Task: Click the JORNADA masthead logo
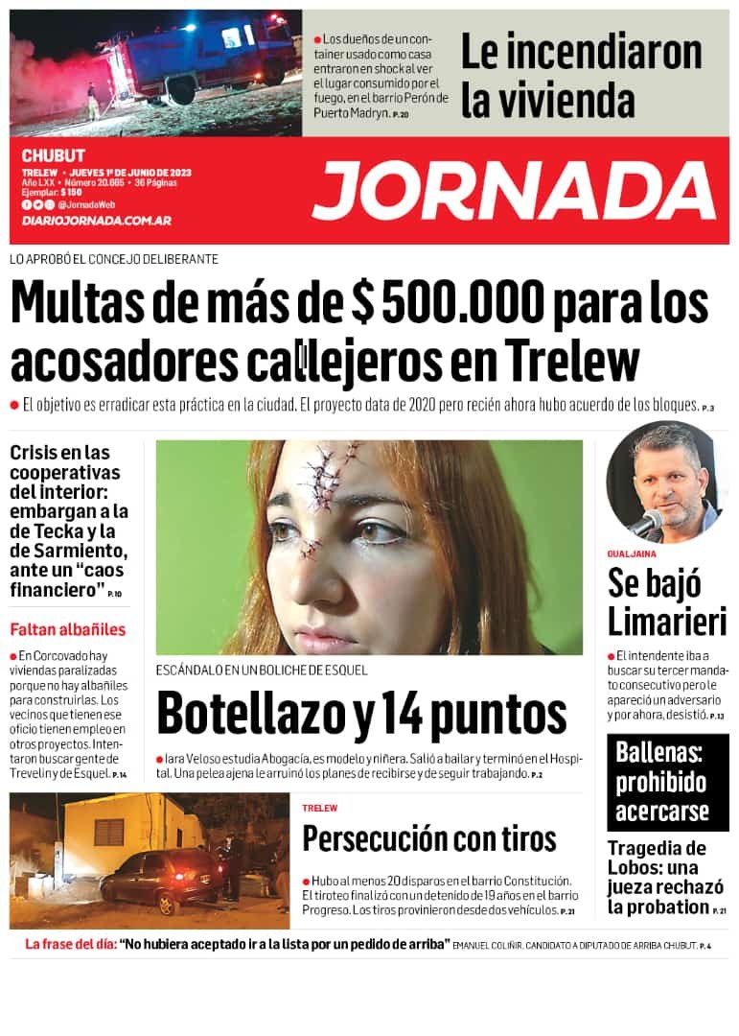[515, 190]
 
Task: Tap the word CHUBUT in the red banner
[54, 155]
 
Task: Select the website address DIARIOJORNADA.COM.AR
[96, 221]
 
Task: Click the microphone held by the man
[647, 523]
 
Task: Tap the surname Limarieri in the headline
[667, 621]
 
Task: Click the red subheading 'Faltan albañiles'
[68, 630]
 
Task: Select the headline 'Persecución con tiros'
[428, 838]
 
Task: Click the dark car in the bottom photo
[158, 877]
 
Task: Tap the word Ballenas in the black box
[659, 752]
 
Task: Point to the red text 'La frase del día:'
[70, 944]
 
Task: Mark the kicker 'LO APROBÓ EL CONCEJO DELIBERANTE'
[114, 259]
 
